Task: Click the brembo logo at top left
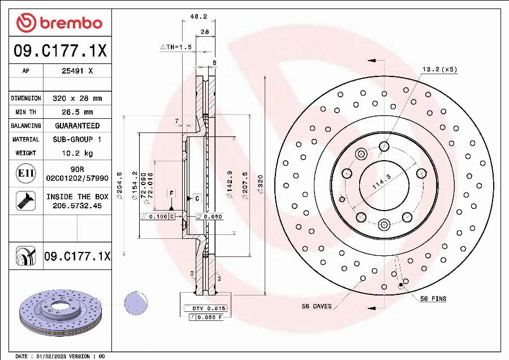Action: [x=59, y=23]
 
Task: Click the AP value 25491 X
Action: [x=77, y=71]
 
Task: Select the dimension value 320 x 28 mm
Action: [x=77, y=98]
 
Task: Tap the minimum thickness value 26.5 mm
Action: [x=77, y=112]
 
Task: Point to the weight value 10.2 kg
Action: [x=77, y=153]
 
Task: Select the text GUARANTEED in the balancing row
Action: [x=77, y=126]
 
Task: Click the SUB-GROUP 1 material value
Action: [x=77, y=139]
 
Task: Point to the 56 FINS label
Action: [x=433, y=298]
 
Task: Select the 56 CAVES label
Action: [x=317, y=306]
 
